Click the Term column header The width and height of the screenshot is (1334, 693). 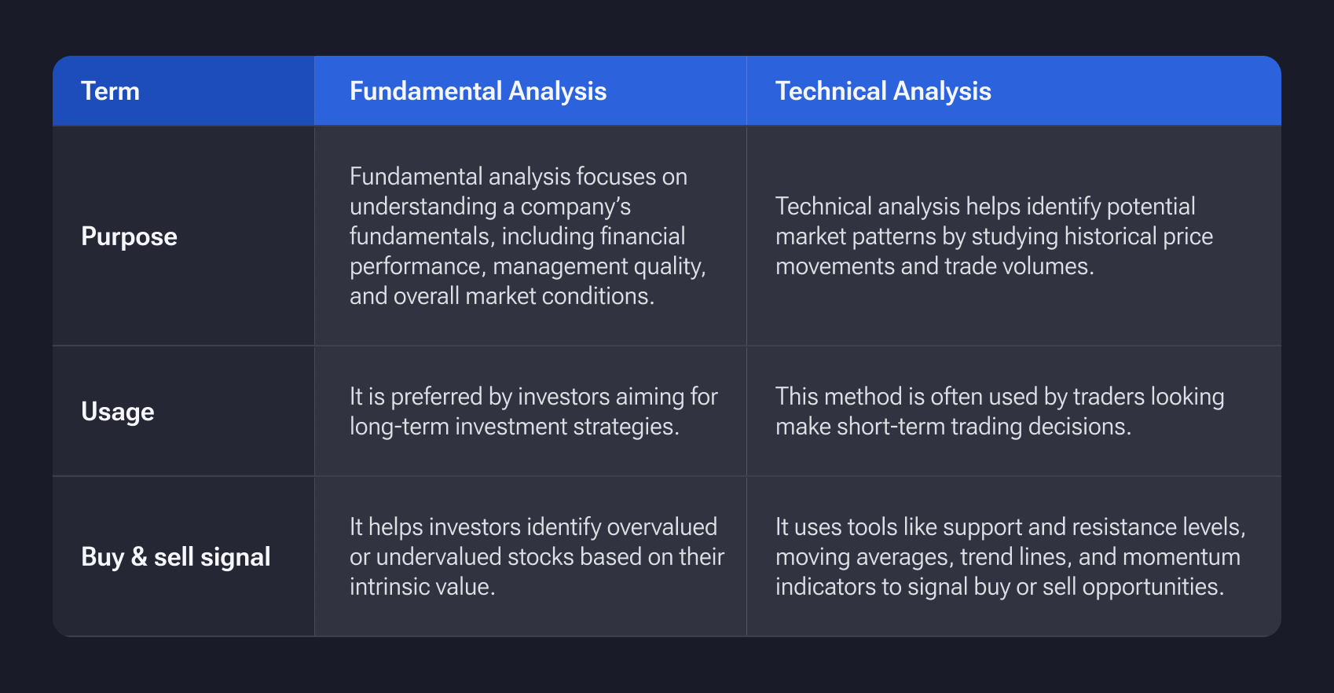110,91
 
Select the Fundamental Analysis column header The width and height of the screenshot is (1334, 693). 478,91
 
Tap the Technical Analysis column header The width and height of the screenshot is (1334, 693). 883,91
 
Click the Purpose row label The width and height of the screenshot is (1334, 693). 129,237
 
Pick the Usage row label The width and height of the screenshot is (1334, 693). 118,412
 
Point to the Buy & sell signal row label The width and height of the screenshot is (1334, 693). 176,557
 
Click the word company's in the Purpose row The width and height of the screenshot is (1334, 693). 575,207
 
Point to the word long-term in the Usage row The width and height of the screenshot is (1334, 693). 399,427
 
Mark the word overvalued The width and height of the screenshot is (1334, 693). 662,527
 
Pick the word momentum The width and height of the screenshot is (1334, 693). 1182,557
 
